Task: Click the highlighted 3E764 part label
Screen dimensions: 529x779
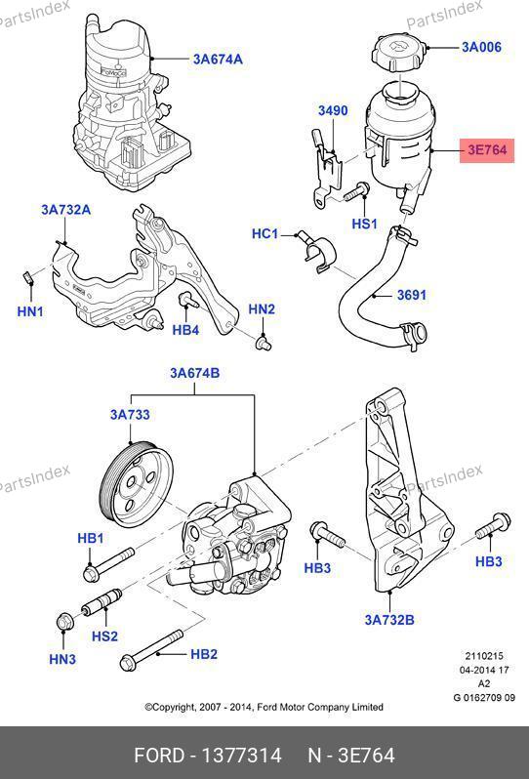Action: [487, 150]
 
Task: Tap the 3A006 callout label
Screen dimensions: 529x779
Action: [481, 47]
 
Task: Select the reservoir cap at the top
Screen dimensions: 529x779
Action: [399, 51]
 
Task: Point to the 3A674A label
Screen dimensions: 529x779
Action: [218, 60]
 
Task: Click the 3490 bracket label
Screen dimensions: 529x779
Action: [333, 110]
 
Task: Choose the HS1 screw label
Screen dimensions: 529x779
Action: [365, 224]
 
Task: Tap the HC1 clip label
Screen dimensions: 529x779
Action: [264, 233]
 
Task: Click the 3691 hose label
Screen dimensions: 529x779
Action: [412, 295]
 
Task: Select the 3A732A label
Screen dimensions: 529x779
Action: [66, 210]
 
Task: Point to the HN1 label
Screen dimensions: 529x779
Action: [30, 311]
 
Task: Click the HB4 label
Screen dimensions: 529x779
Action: [185, 329]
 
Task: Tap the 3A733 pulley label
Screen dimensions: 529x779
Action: [130, 414]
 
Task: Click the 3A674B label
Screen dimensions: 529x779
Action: [194, 373]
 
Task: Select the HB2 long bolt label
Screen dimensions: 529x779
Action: [204, 654]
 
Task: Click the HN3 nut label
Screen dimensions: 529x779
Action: [62, 659]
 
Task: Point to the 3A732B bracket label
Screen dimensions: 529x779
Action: [389, 620]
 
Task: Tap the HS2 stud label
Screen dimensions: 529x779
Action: [104, 635]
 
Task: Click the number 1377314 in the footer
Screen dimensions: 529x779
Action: [241, 756]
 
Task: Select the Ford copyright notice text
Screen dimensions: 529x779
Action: [264, 707]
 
